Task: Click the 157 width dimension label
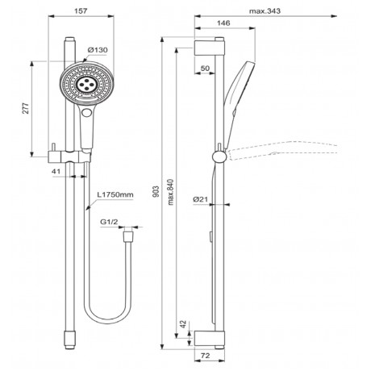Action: pyautogui.click(x=81, y=11)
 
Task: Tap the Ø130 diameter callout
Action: pyautogui.click(x=98, y=50)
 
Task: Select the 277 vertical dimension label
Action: pyautogui.click(x=26, y=108)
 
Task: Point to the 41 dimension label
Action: pyautogui.click(x=56, y=171)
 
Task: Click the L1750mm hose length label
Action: pyautogui.click(x=115, y=194)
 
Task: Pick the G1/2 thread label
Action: pyautogui.click(x=109, y=222)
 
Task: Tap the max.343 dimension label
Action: pyautogui.click(x=265, y=11)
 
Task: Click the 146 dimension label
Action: pyautogui.click(x=223, y=23)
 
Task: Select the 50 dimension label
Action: pyautogui.click(x=205, y=69)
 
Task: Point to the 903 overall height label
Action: pyautogui.click(x=156, y=191)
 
